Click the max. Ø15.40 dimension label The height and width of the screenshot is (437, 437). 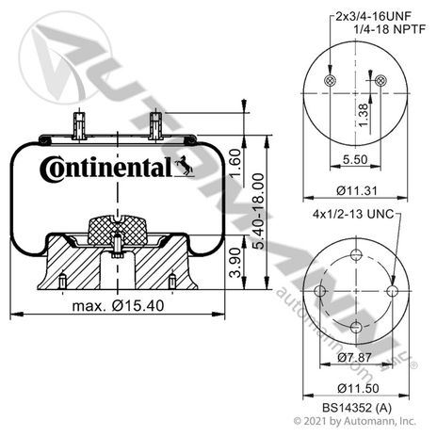click(118, 305)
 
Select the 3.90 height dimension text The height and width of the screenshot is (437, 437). click(235, 263)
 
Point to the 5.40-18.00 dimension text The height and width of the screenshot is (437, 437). click(259, 212)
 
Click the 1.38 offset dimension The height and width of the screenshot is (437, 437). click(364, 115)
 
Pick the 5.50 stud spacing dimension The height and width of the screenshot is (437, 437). click(355, 159)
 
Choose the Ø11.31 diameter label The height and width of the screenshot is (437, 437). click(357, 190)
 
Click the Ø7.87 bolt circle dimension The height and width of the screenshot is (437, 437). click(355, 357)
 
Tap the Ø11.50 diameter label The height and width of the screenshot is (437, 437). click(358, 388)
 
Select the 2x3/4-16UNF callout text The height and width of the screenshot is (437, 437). click(373, 16)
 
